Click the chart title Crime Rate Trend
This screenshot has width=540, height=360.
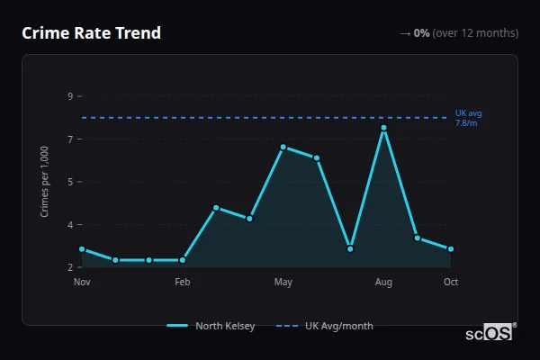[x=91, y=33]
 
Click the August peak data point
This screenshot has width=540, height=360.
[x=383, y=128]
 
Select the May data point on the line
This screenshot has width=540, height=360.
[x=283, y=147]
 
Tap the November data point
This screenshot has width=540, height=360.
[x=82, y=249]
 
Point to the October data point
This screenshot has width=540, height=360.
[x=451, y=249]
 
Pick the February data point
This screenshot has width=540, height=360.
[x=183, y=260]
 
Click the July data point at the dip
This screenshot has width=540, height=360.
[x=350, y=249]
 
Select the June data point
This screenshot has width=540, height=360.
[x=317, y=158]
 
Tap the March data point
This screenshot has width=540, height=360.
[x=216, y=208]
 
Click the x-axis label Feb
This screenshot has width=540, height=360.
[x=183, y=283]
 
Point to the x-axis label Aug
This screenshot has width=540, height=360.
[x=383, y=283]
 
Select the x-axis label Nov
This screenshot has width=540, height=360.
[x=82, y=283]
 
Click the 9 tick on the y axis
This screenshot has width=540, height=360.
[x=69, y=96]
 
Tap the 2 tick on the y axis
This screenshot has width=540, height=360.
[x=69, y=267]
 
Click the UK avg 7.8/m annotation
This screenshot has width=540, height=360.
[x=468, y=118]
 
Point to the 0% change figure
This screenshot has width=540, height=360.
[x=421, y=33]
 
